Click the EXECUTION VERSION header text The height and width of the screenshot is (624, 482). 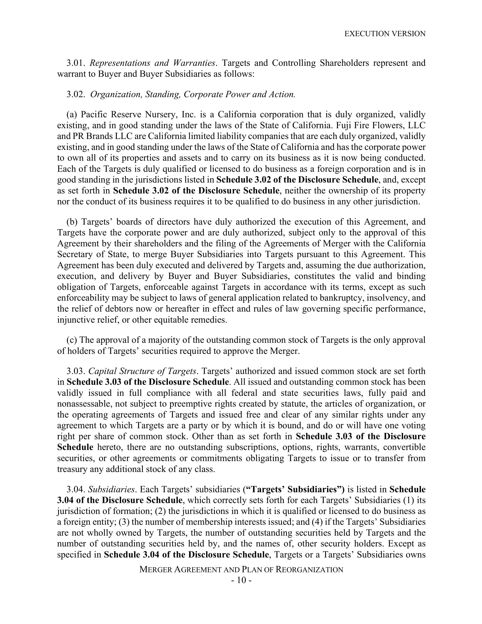coord(385,34)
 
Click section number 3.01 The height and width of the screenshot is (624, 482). coord(76,63)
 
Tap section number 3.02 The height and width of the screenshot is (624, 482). coord(76,94)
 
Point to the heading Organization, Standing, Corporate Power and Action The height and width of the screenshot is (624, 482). coord(193,94)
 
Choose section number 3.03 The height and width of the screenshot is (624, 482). coord(76,371)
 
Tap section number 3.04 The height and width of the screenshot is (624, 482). coord(76,490)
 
